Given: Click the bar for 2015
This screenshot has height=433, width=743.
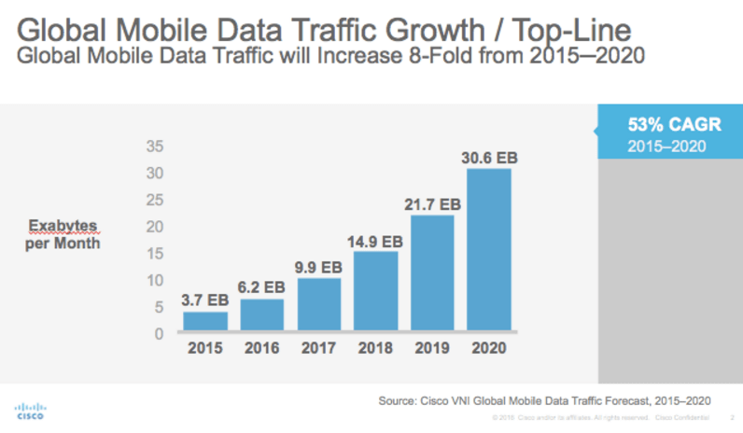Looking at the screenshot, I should click(x=204, y=321).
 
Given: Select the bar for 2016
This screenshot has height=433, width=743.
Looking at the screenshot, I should click(x=261, y=314).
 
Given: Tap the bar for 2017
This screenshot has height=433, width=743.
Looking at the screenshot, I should click(x=318, y=304).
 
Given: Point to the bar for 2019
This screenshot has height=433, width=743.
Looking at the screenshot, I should click(x=432, y=272).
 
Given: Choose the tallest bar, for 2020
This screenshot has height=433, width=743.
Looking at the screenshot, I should click(x=489, y=249).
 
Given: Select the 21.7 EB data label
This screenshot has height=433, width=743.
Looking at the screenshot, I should click(x=433, y=203).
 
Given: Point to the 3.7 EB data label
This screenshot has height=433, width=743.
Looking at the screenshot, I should click(x=204, y=300).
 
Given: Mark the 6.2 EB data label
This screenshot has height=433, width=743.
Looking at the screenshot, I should click(x=261, y=286).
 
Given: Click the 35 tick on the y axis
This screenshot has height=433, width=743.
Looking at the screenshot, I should click(x=156, y=147).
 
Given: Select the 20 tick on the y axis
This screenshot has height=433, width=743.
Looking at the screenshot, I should click(x=156, y=227).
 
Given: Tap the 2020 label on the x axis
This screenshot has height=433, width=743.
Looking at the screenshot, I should click(x=489, y=350).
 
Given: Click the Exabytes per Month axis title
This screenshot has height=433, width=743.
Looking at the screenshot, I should click(x=63, y=234).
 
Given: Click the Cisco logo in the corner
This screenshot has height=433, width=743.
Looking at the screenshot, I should click(x=31, y=411).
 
